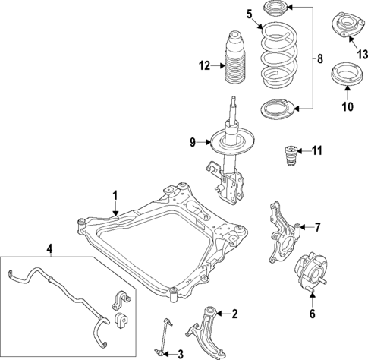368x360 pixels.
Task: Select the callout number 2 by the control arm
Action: [234, 313]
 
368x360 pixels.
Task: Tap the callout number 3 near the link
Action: [180, 352]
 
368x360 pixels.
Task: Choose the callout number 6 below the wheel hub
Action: [311, 314]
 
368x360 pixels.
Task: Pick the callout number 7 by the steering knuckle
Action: [318, 226]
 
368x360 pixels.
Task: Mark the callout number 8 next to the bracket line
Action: [319, 58]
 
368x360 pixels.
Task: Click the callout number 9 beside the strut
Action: [193, 141]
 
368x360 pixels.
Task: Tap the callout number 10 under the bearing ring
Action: [348, 106]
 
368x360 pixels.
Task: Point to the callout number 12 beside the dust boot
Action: [203, 65]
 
